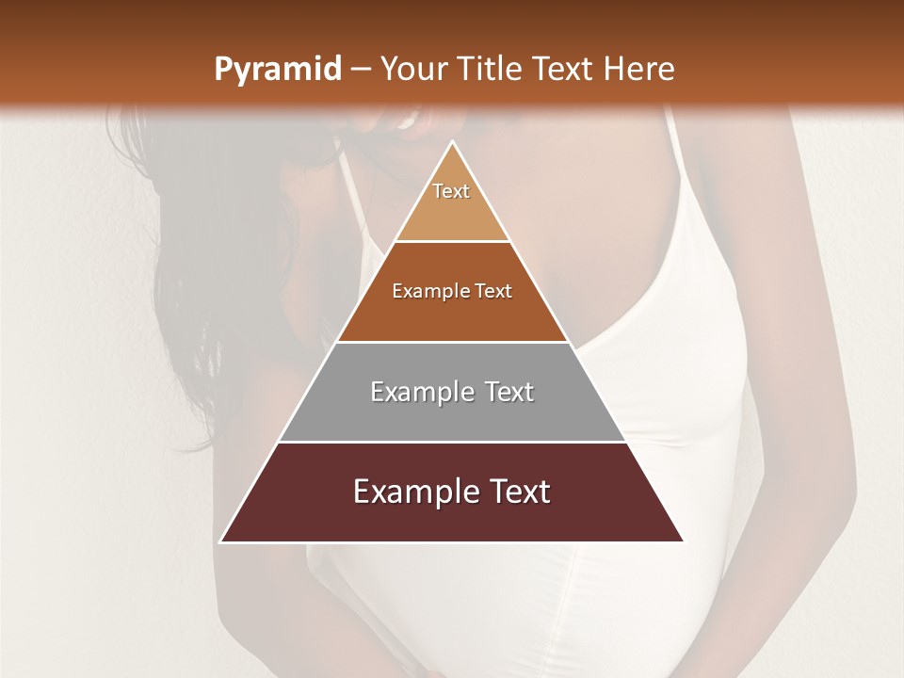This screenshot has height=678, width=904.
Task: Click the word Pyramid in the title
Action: tap(277, 70)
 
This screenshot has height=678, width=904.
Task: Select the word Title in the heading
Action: tap(492, 70)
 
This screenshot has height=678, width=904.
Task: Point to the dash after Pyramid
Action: tap(360, 71)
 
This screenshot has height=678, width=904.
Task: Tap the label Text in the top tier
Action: tap(451, 191)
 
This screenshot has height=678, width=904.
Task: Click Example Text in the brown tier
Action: tap(452, 292)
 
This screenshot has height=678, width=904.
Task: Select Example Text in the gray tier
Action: tap(452, 392)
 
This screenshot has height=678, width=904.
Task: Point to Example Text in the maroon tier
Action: tap(452, 492)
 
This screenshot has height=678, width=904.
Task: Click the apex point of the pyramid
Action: tap(452, 141)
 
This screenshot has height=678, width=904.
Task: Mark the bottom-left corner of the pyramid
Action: tap(221, 541)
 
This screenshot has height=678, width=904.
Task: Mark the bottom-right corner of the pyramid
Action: tap(683, 541)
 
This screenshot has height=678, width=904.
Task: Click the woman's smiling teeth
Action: tap(409, 121)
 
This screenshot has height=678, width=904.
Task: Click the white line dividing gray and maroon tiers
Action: tap(452, 442)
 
